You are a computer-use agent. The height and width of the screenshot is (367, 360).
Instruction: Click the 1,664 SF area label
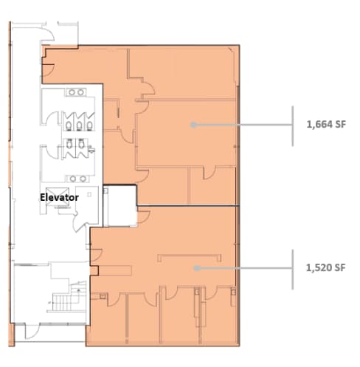point(325,125)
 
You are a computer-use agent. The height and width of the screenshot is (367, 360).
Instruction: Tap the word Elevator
point(59,198)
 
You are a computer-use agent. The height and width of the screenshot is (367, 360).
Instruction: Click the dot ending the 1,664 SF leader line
point(193,125)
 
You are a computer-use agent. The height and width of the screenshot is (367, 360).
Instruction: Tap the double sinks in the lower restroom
point(76,178)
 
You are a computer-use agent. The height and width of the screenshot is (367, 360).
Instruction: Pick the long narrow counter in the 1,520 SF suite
point(190,256)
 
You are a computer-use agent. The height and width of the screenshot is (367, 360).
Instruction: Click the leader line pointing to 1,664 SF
point(243,125)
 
